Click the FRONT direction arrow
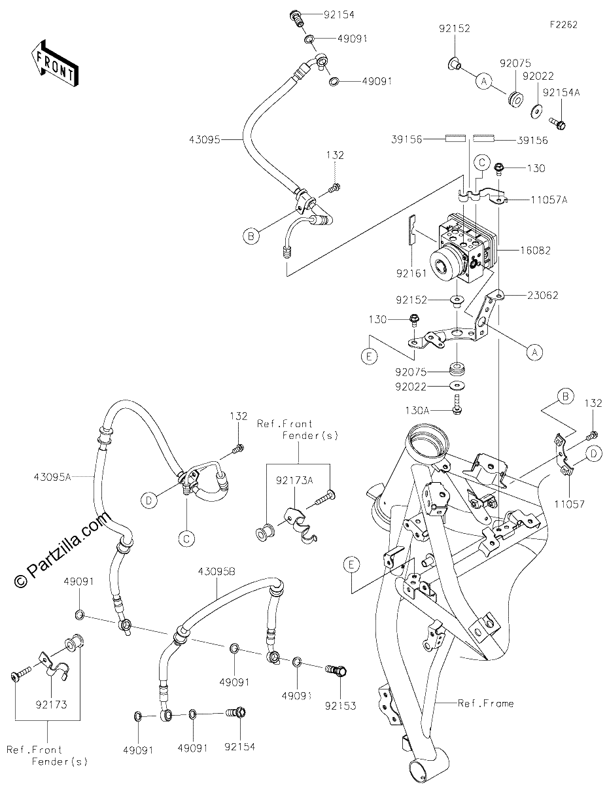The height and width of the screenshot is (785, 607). tap(54, 63)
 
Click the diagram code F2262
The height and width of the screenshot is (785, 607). tap(563, 25)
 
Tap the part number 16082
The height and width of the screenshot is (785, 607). tap(535, 251)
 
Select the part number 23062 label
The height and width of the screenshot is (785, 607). tap(543, 295)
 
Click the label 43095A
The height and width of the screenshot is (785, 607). tap(53, 477)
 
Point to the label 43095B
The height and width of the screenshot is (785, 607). tap(217, 572)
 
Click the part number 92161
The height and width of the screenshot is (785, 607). tap(411, 273)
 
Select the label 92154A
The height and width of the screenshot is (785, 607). tap(561, 93)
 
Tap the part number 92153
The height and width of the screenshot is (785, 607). tap(341, 716)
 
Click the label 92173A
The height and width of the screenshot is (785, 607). tap(294, 480)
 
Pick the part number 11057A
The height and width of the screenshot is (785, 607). tap(549, 200)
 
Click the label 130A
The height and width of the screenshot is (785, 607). tap(417, 410)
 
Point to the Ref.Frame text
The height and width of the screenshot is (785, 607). tap(486, 714)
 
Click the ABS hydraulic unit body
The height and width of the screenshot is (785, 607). tap(463, 251)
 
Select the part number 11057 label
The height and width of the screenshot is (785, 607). tap(570, 504)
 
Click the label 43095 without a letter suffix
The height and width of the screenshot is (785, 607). tap(204, 140)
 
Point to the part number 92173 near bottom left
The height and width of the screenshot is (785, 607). tap(52, 705)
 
